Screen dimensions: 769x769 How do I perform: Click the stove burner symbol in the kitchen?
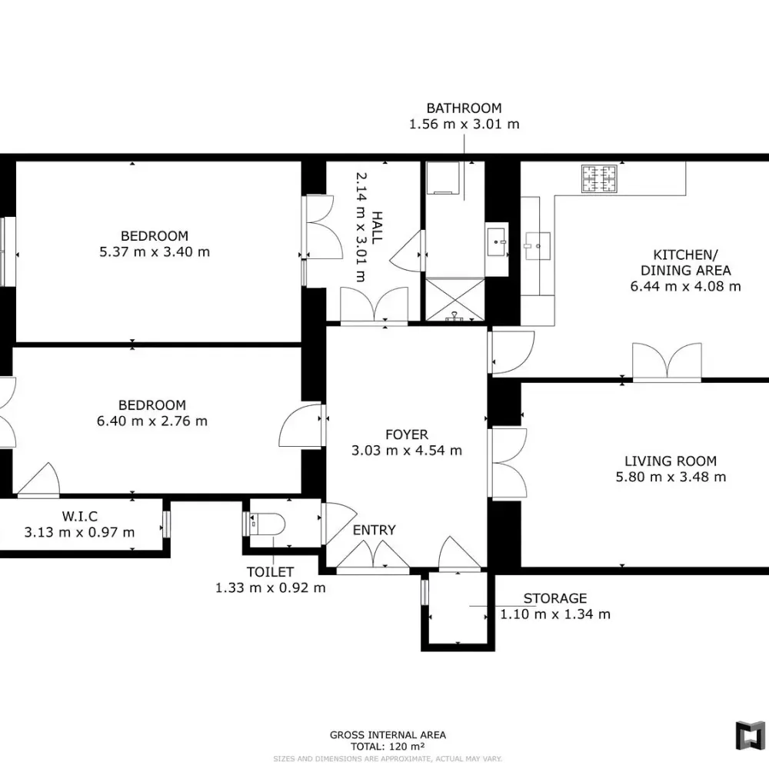click(599, 178)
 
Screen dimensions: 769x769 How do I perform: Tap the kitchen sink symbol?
click(538, 246)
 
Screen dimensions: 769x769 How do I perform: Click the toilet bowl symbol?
click(268, 524)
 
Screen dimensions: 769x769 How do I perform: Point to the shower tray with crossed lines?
click(454, 300)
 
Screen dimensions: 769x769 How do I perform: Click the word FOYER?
click(407, 434)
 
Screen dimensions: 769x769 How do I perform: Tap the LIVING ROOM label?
click(671, 461)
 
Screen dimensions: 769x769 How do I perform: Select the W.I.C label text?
click(79, 516)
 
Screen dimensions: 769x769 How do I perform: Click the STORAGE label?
click(554, 598)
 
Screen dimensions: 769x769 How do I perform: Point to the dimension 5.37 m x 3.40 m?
click(155, 252)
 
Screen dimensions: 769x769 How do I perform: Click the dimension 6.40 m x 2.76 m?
click(152, 421)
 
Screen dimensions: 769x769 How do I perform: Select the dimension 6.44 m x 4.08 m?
click(685, 286)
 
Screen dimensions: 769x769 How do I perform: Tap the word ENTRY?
click(375, 530)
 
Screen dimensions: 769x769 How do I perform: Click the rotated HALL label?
click(377, 228)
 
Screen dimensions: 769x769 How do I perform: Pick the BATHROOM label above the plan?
click(464, 108)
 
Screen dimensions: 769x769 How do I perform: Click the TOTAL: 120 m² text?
click(388, 747)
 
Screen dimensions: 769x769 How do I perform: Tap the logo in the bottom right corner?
click(750, 735)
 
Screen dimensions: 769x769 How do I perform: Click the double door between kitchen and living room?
click(667, 362)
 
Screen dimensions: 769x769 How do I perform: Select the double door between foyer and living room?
click(508, 463)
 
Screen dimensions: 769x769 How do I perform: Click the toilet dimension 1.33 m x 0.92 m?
click(270, 588)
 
